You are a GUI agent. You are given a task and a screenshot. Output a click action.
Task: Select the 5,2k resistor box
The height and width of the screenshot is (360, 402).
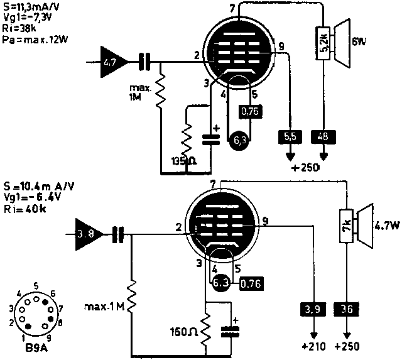[x=324, y=42]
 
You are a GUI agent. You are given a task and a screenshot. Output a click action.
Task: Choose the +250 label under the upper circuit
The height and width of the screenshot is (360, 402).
[x=307, y=168]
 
